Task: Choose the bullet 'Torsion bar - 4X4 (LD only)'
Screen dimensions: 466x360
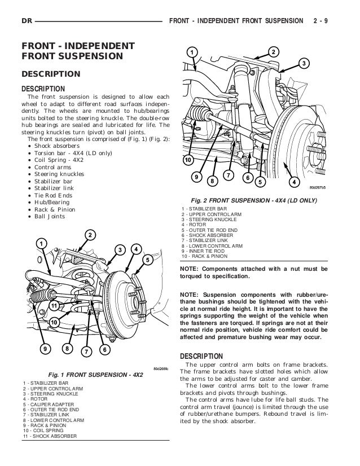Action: point(74,154)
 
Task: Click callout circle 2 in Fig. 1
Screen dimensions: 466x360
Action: point(89,235)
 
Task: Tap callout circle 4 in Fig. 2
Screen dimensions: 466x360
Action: point(293,182)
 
